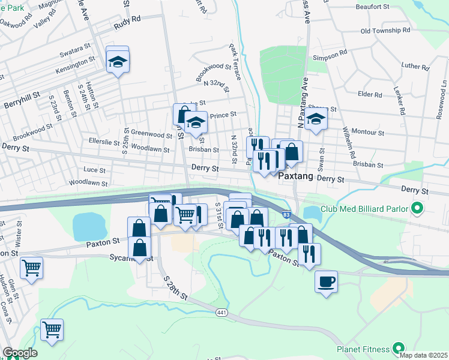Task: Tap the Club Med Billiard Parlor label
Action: tap(364, 210)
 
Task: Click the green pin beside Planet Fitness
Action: tap(397, 347)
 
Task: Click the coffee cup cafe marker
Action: tap(326, 281)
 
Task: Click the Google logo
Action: tap(20, 353)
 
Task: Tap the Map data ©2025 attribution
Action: tap(424, 355)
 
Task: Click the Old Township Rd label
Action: tap(385, 30)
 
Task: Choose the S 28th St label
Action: tap(175, 287)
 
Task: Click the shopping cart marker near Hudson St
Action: tap(31, 268)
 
